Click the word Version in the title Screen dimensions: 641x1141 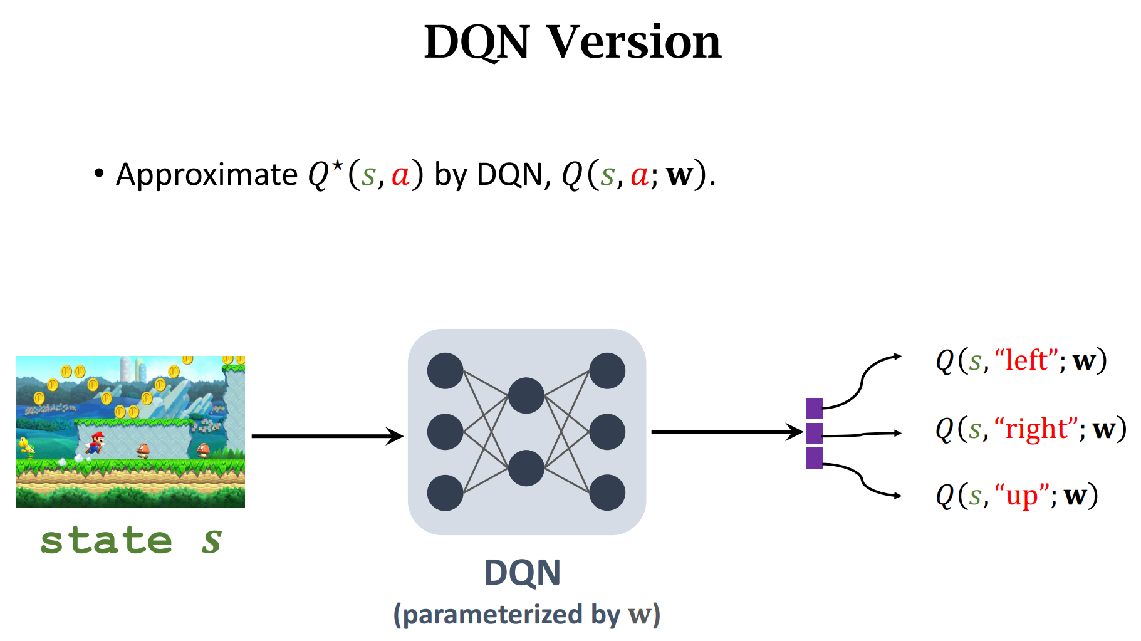(634, 43)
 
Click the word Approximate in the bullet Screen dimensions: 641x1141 (207, 175)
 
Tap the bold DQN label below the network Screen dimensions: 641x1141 (522, 573)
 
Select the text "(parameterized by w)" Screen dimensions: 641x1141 (526, 615)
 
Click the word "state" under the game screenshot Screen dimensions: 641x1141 (107, 541)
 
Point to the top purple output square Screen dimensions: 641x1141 (814, 408)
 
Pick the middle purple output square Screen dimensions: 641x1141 (814, 433)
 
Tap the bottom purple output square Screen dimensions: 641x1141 (814, 458)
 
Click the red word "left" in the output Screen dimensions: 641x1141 (1026, 361)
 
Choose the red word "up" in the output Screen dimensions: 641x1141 (1022, 496)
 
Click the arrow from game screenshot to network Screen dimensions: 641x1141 (326, 436)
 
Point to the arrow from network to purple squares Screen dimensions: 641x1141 (727, 432)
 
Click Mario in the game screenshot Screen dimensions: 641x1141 (95, 442)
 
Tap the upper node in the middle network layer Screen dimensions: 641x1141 (526, 395)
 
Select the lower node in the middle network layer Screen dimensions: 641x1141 (526, 468)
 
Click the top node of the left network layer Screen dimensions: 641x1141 (445, 371)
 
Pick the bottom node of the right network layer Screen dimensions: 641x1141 (607, 492)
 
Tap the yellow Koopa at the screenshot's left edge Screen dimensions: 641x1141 (26, 446)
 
